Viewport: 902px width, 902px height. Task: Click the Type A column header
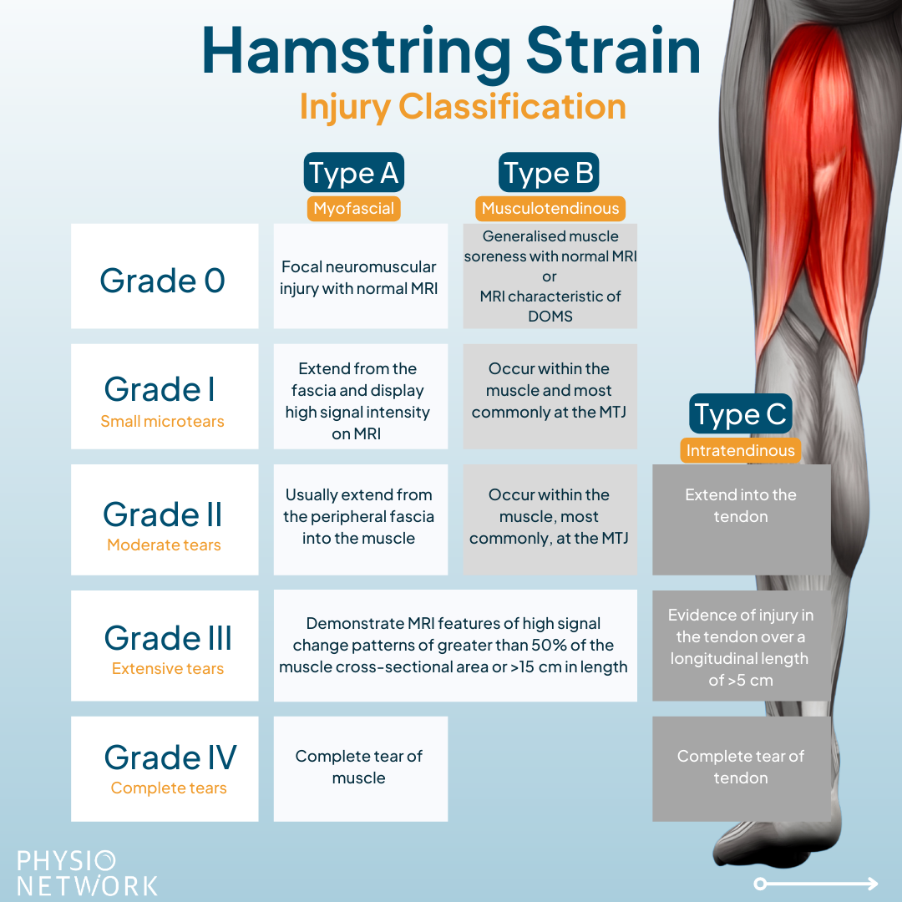354,172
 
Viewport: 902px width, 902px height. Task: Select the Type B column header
549,172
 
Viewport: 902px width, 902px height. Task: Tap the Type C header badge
740,413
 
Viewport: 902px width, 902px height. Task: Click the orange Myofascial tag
354,208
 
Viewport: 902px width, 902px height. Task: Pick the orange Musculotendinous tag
550,208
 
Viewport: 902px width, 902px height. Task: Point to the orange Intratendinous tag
740,450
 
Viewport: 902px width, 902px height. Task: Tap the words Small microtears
162,421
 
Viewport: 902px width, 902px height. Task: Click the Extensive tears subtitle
167,668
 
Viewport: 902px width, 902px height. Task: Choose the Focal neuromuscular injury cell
361,276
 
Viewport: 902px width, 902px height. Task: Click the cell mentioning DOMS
550,276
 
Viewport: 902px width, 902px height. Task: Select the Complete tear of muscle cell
361,769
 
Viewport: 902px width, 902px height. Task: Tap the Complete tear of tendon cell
742,769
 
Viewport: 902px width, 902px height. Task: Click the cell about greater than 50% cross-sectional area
456,646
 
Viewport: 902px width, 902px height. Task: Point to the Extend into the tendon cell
742,519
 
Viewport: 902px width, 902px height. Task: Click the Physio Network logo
87,874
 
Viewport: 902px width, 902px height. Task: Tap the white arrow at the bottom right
816,884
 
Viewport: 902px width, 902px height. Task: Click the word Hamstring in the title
356,53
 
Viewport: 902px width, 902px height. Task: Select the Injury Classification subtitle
463,108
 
